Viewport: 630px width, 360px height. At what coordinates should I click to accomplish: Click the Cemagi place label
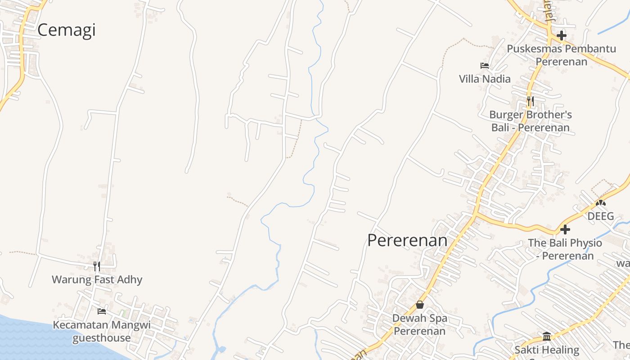coord(67,30)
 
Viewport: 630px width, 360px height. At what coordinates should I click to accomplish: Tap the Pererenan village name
coord(407,240)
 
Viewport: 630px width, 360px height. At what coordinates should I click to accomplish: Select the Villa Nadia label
coord(485,79)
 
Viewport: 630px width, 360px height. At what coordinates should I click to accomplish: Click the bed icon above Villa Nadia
coord(485,66)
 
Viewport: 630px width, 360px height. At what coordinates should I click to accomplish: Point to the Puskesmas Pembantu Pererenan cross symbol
coord(561,35)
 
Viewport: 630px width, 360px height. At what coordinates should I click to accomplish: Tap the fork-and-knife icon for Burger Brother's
coord(531,101)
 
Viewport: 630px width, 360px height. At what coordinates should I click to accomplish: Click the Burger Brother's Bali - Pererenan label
coord(531,121)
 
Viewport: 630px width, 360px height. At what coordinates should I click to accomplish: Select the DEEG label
coord(601,216)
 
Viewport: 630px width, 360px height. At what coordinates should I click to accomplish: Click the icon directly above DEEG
coord(601,203)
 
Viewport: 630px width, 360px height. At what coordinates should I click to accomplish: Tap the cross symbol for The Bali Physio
coord(565,229)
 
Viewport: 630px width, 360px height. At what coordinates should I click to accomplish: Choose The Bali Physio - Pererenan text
coord(565,249)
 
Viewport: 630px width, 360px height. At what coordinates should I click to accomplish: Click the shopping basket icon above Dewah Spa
coord(420,305)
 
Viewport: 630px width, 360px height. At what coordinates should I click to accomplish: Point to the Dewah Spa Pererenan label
coord(420,324)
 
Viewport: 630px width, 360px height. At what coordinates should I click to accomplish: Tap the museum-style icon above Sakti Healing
coord(547,336)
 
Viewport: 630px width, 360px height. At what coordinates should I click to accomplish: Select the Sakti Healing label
coord(547,350)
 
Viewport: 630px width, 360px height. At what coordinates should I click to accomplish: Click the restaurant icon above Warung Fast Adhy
coord(97,266)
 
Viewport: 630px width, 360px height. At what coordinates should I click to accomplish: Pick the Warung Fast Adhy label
coord(97,279)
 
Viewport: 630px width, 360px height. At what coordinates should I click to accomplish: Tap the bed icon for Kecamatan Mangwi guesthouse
coord(102,311)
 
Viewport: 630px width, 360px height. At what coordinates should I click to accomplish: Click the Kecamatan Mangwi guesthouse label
coord(102,331)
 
